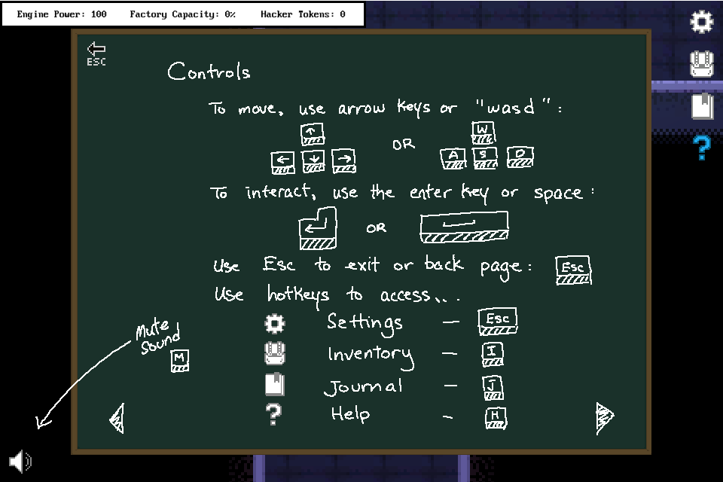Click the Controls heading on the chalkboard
coord(209,72)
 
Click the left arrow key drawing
coord(283,161)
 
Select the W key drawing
coord(483,133)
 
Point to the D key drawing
coord(520,157)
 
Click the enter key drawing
coord(317,228)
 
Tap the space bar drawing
coord(464,227)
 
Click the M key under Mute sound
coord(179,360)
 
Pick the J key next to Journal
coord(493,387)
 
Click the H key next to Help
coord(496,416)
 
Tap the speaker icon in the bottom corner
coord(20,461)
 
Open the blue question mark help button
coord(702,148)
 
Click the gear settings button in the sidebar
coord(702,22)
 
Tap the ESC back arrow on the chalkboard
coord(96,53)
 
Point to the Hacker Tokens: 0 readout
coord(303,14)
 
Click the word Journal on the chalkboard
coord(364,387)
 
